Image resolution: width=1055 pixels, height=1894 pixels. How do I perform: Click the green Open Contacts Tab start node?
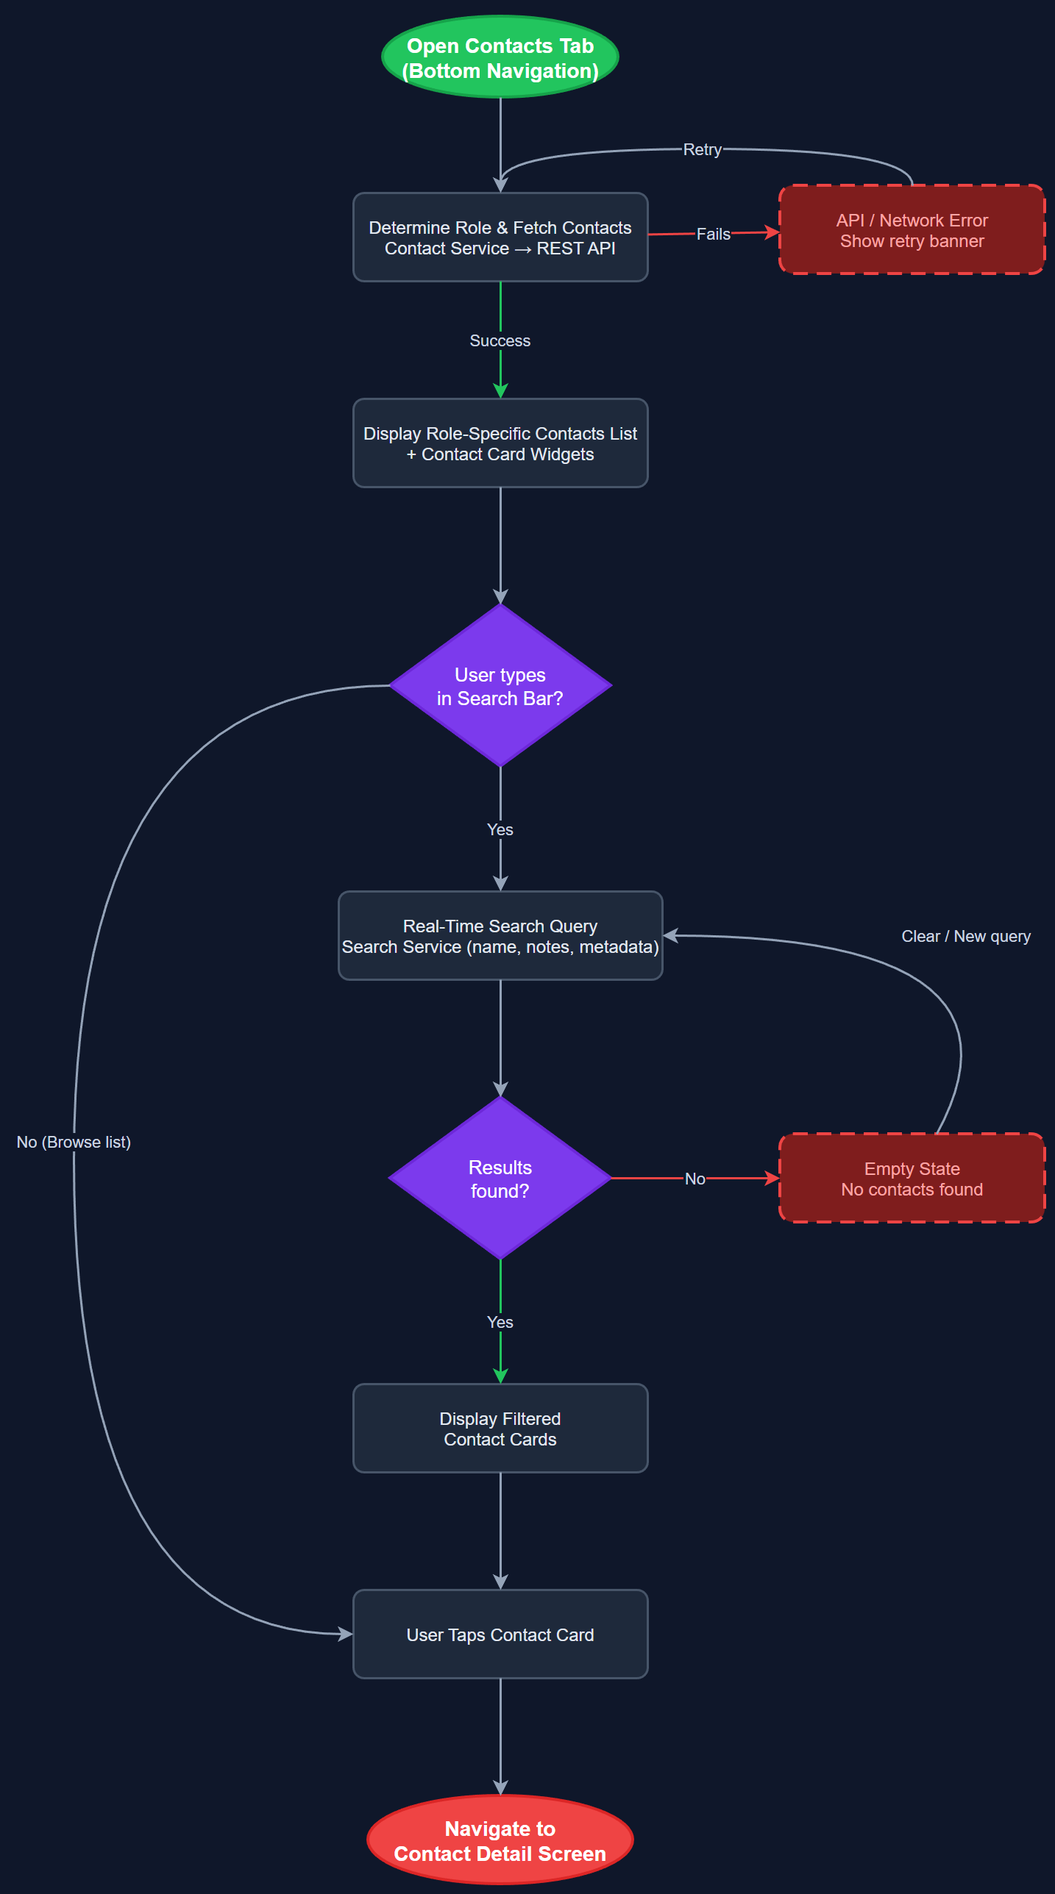(x=500, y=57)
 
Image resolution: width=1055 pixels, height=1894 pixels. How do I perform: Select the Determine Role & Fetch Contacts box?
(x=500, y=237)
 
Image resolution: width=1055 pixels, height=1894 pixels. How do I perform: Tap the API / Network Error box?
(x=912, y=230)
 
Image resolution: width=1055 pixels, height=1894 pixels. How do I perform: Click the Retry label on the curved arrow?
(x=702, y=150)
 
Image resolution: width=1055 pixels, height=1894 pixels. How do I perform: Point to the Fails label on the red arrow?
(x=713, y=235)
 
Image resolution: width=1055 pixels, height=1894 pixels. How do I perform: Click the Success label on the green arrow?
(x=500, y=341)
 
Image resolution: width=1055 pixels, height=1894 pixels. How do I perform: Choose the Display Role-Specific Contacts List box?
(x=500, y=443)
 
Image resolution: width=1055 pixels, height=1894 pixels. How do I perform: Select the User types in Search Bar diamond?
(x=500, y=686)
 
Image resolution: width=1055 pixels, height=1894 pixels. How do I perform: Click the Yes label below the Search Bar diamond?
(x=500, y=830)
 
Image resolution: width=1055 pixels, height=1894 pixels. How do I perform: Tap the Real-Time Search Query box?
(x=500, y=936)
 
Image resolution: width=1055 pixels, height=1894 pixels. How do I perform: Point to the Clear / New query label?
(x=965, y=937)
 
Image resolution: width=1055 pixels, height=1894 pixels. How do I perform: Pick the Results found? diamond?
(x=500, y=1179)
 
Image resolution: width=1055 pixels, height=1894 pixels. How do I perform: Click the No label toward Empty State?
(x=695, y=1179)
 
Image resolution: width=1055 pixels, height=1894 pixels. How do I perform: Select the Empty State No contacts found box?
(x=912, y=1179)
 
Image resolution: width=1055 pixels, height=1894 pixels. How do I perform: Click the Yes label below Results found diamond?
(x=500, y=1323)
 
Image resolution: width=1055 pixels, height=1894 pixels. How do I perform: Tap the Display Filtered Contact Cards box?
(x=500, y=1429)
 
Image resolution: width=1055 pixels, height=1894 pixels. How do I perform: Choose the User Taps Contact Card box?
(x=500, y=1634)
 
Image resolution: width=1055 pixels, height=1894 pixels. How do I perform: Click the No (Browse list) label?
(x=74, y=1143)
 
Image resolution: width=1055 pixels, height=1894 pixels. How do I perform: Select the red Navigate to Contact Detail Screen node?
(x=500, y=1840)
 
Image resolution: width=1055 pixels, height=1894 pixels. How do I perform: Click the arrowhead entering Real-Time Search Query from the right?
(x=670, y=936)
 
